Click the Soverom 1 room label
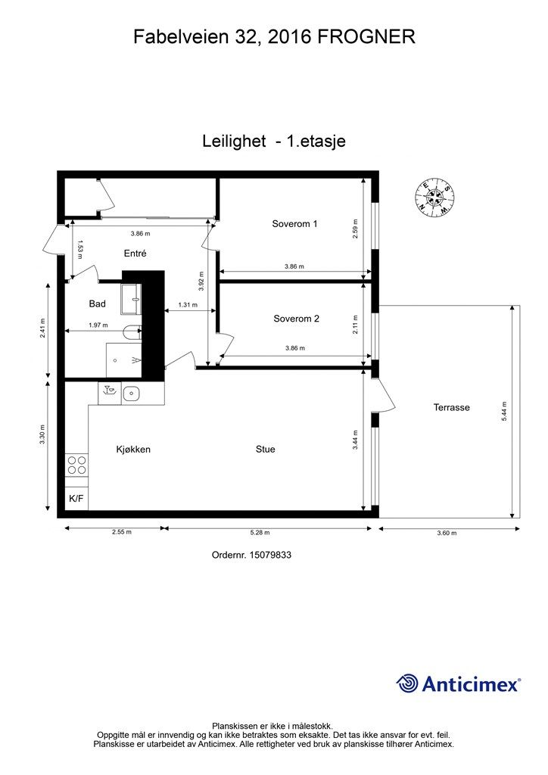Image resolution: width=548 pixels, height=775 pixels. coord(294,224)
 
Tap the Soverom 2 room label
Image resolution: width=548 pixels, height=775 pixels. coord(297,319)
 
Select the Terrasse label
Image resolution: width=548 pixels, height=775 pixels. coord(452,408)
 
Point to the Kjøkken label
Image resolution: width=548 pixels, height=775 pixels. coord(133,450)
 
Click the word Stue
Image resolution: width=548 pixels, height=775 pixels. coord(266,450)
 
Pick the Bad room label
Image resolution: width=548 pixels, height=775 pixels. coord(98,304)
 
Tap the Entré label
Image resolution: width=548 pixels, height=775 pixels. coord(135,254)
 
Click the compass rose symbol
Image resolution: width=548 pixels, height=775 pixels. coord(434,198)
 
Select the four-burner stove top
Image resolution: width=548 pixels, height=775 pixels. coord(76,465)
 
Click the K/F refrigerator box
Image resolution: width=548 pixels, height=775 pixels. coord(76,498)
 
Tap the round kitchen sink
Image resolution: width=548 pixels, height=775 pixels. coord(132,394)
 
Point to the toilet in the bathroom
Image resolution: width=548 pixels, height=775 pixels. coord(132,332)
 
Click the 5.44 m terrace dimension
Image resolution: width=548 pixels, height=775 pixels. coord(504,411)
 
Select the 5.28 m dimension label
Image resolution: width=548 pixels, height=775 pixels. coord(260,533)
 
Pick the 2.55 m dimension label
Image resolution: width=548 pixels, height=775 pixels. coord(122,532)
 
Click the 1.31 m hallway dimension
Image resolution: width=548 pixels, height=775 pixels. coord(188,305)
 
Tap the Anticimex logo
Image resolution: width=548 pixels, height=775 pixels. coord(458,684)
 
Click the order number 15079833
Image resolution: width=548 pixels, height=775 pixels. coord(271,555)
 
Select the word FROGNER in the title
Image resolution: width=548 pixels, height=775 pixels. coord(366,37)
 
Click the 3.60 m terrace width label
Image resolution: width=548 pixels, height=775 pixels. coord(447,534)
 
